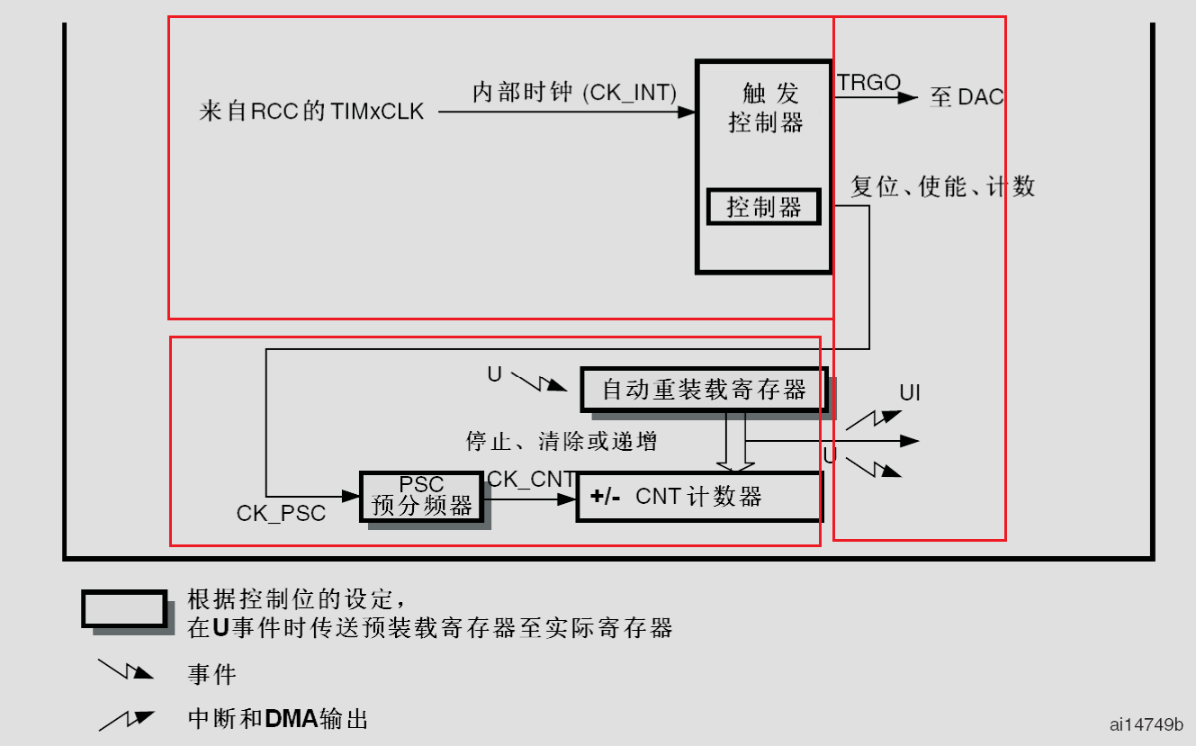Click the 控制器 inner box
coord(763,208)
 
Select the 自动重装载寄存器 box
coord(703,390)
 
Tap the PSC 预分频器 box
coord(421,497)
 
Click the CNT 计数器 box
coord(699,497)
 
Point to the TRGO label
coord(868,83)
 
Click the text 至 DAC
coord(967,97)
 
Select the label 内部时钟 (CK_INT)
coord(575,93)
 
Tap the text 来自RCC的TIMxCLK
coord(311,112)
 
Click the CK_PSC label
coord(281,513)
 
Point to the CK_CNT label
coord(531,480)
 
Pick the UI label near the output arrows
coord(910,393)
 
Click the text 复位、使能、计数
coord(943,186)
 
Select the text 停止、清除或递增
coord(561,441)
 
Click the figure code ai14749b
coord(1147,724)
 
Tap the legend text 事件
coord(212,674)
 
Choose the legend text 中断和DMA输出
coord(278,719)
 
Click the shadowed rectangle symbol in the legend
coord(125,609)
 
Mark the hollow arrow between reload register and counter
coord(735,443)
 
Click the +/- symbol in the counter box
coord(606,497)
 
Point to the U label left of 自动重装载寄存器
coord(495,374)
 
